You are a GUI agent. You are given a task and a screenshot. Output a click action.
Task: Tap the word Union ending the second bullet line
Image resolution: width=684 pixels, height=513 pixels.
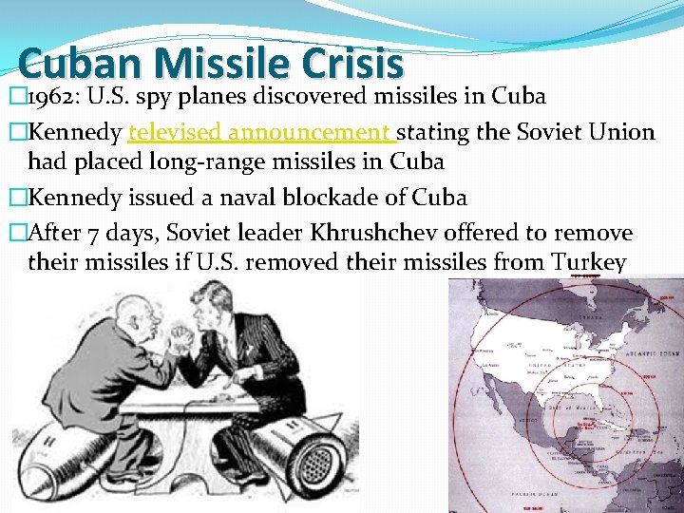click(x=622, y=132)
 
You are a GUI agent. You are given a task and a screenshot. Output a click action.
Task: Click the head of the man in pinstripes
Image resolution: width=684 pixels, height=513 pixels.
click(x=212, y=305)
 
